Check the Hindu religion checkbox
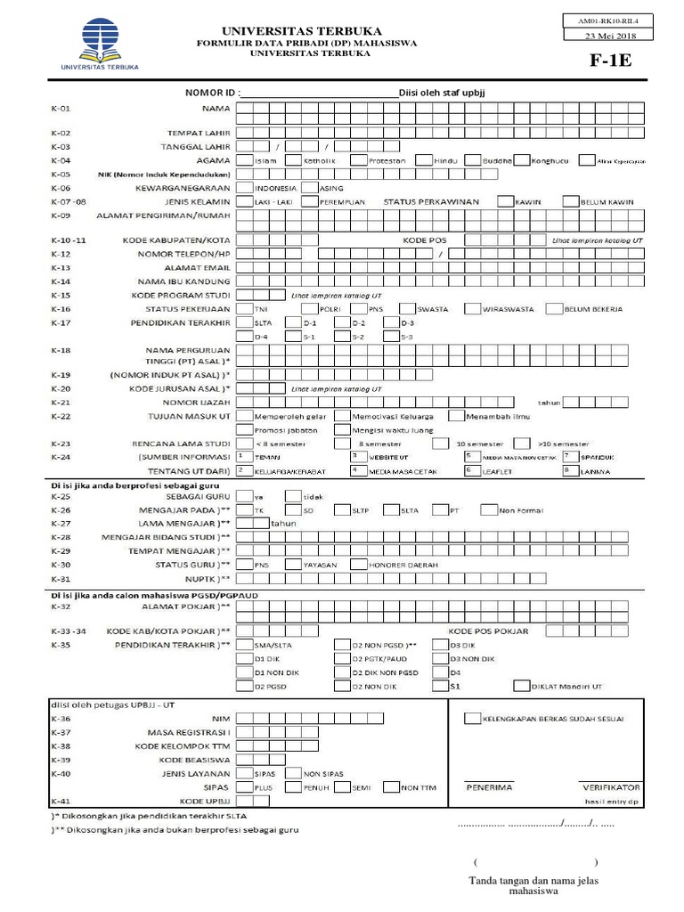coord(423,161)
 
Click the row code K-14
coord(61,281)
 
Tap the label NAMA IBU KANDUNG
coord(197,281)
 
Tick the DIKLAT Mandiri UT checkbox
coord(521,687)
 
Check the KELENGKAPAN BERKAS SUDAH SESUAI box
coord(472,718)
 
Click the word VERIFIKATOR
coord(611,788)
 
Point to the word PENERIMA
coord(489,788)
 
